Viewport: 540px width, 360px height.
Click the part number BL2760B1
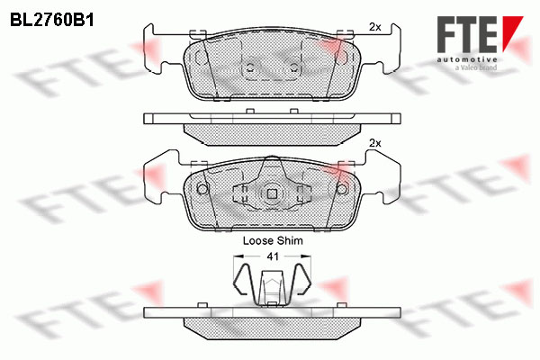pos(52,21)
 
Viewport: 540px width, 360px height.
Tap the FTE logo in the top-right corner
pos(480,34)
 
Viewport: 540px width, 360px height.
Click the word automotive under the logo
pos(467,59)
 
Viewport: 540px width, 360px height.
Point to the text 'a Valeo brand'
pos(476,67)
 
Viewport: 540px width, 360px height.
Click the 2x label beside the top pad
pos(375,27)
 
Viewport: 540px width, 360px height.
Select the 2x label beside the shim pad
pos(375,143)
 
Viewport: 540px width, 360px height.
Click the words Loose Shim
pos(273,240)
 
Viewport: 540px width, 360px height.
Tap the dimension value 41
pos(273,256)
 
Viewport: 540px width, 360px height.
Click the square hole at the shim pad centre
pos(272,194)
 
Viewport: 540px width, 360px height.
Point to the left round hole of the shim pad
pos(202,189)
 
